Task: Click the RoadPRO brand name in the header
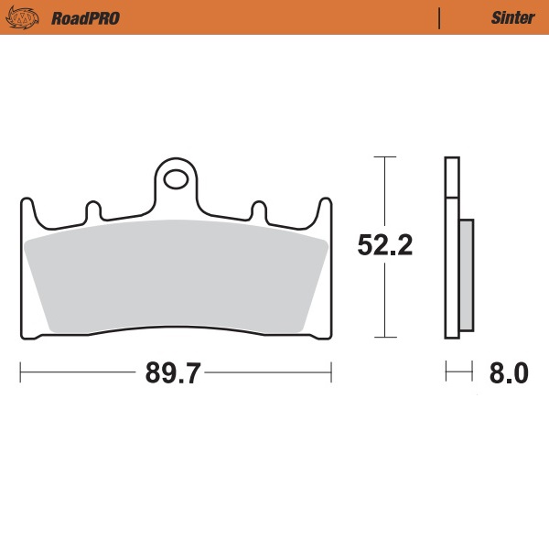pyautogui.click(x=85, y=17)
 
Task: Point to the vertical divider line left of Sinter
pyautogui.click(x=440, y=17)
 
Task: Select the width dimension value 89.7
pyautogui.click(x=174, y=373)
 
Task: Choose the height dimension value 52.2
pyautogui.click(x=385, y=245)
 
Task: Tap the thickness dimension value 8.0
pyautogui.click(x=509, y=373)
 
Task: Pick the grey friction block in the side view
pyautogui.click(x=466, y=274)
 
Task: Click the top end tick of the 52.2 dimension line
pyautogui.click(x=385, y=157)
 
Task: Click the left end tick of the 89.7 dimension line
pyautogui.click(x=20, y=373)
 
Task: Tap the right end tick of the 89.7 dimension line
pyautogui.click(x=330, y=373)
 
